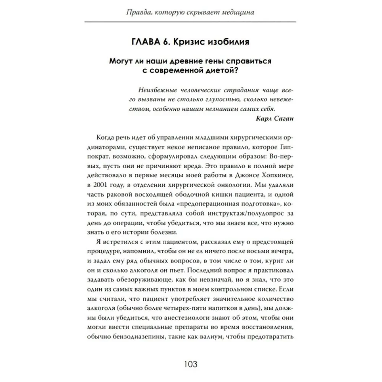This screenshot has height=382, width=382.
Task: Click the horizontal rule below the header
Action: [191, 23]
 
